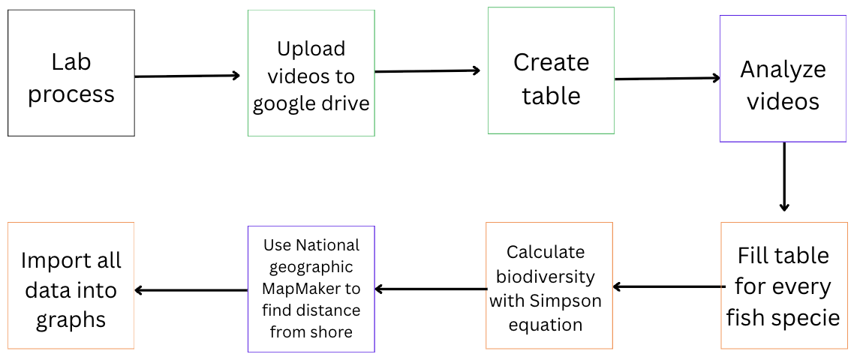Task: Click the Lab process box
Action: click(x=71, y=73)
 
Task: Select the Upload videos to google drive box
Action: click(x=311, y=73)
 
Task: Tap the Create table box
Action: click(x=552, y=70)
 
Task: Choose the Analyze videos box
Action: click(x=783, y=78)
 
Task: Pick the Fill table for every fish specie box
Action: click(x=783, y=286)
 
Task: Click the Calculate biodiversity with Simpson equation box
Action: click(x=549, y=286)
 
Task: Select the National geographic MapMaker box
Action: click(x=311, y=289)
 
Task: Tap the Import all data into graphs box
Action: click(x=71, y=286)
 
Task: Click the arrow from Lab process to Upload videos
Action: click(x=188, y=76)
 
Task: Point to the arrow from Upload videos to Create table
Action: click(x=428, y=70)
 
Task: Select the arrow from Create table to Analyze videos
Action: click(x=667, y=79)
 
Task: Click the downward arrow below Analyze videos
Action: click(x=784, y=177)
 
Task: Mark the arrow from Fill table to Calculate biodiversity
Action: click(x=667, y=286)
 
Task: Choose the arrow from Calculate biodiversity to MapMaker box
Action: click(x=431, y=289)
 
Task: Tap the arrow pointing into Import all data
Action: click(x=191, y=290)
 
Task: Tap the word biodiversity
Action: click(x=545, y=276)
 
